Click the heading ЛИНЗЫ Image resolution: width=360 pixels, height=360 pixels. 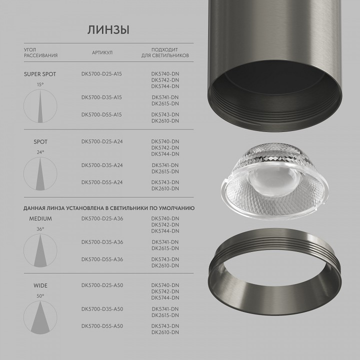(108, 30)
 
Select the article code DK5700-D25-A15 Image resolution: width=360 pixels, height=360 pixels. (101, 74)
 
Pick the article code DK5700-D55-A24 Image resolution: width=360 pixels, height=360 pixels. (101, 182)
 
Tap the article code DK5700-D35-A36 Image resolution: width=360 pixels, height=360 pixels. (101, 242)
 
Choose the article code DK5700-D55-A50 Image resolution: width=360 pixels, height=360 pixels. (101, 326)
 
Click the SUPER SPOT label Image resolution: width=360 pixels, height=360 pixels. (40, 74)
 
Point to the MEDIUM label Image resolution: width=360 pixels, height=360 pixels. (40, 218)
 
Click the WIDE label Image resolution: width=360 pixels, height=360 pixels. (40, 286)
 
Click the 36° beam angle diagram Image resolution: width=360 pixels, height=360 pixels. (40, 250)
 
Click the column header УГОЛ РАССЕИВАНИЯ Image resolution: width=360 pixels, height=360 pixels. (40, 52)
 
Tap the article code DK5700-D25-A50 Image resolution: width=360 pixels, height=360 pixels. (101, 285)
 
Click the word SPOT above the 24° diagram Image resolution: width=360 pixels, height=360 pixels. (40, 141)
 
